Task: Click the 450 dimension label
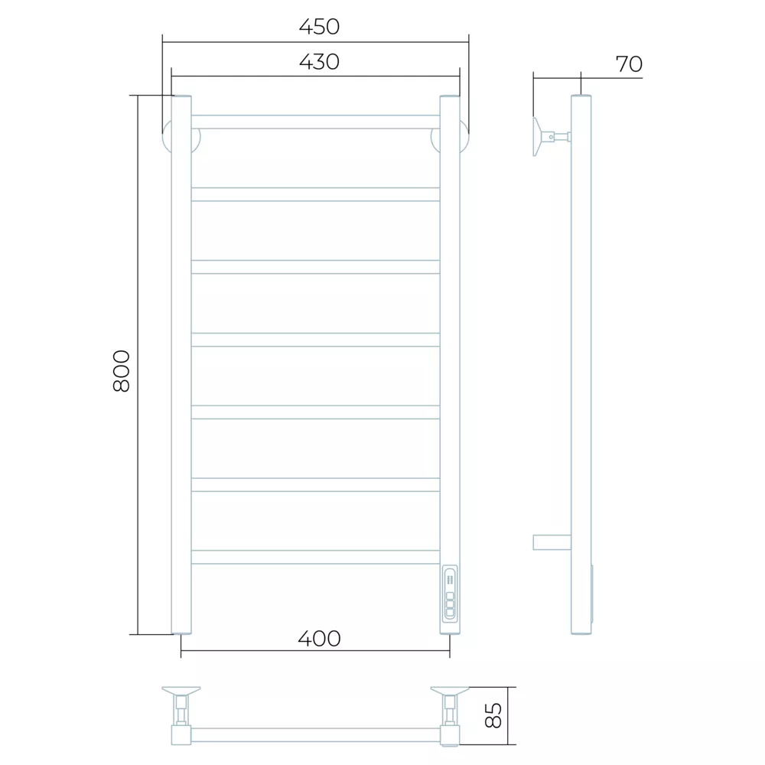click(319, 27)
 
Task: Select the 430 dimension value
click(319, 62)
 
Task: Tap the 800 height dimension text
click(121, 371)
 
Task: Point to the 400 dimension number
click(319, 639)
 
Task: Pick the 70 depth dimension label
click(629, 64)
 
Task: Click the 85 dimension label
click(493, 715)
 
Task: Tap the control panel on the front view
click(450, 594)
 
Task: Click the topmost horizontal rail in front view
click(316, 122)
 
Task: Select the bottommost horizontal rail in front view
click(316, 557)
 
